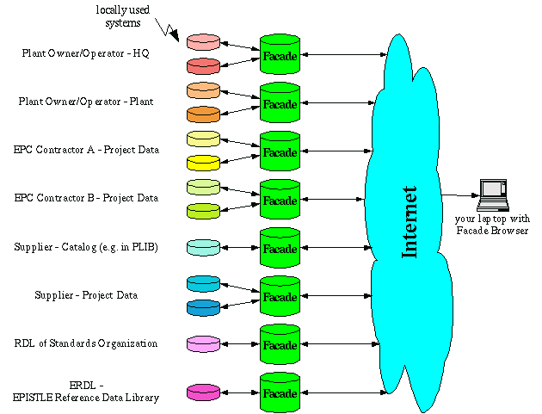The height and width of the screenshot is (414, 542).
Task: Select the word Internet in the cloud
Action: (x=410, y=221)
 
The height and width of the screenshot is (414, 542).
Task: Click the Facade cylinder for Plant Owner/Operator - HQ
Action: (x=280, y=55)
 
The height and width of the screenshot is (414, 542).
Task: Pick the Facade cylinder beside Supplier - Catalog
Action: (x=280, y=248)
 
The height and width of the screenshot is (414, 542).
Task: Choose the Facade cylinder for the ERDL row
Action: (x=280, y=392)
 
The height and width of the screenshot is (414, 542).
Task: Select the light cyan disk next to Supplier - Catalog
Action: (x=204, y=247)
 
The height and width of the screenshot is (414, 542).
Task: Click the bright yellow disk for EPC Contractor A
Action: (x=204, y=162)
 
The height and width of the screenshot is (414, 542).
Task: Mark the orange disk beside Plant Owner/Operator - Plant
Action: (x=204, y=114)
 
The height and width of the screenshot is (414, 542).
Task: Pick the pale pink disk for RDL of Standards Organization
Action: (x=204, y=343)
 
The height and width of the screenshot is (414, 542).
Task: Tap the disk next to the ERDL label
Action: (x=204, y=392)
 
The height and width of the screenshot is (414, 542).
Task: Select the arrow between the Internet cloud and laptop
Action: (x=459, y=195)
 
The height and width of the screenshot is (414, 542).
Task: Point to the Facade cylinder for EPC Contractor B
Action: (x=280, y=200)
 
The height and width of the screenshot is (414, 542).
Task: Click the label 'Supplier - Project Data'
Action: (x=87, y=295)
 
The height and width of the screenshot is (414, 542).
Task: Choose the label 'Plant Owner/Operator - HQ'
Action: (x=86, y=53)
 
